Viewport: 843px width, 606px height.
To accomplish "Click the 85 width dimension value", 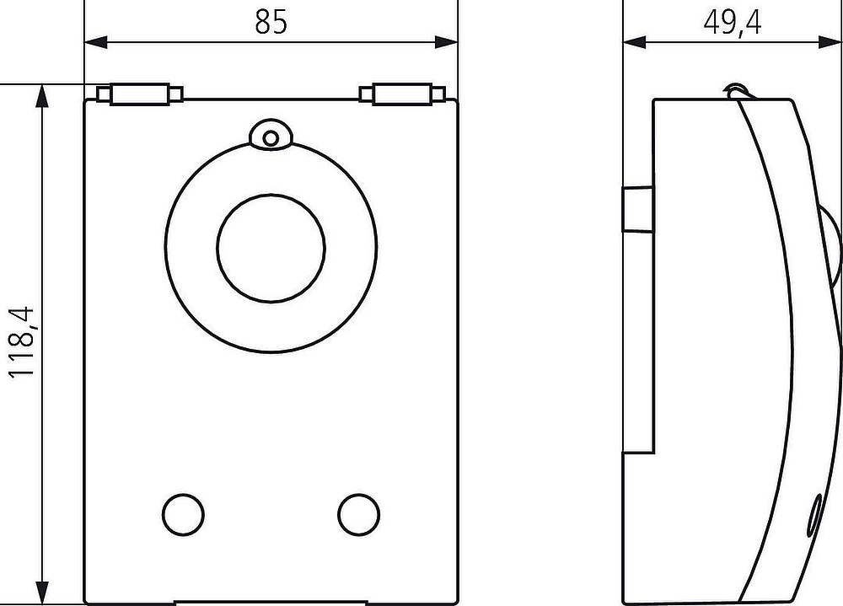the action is (x=271, y=22).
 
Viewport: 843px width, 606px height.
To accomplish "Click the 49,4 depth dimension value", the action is (x=733, y=23).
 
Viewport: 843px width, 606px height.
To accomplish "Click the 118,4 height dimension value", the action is (x=22, y=342).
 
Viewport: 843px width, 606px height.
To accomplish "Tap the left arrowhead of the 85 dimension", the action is (x=96, y=42).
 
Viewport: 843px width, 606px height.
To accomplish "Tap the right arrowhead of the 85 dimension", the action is (x=446, y=42).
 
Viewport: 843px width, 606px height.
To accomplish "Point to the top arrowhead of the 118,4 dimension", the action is (x=42, y=96).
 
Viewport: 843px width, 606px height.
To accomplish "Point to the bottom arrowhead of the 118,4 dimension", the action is (x=42, y=593).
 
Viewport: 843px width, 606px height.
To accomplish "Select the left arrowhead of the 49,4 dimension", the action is (x=635, y=42).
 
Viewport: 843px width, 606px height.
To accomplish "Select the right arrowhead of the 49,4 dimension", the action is (x=829, y=42).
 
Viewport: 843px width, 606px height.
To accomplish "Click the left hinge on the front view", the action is (x=140, y=94).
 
